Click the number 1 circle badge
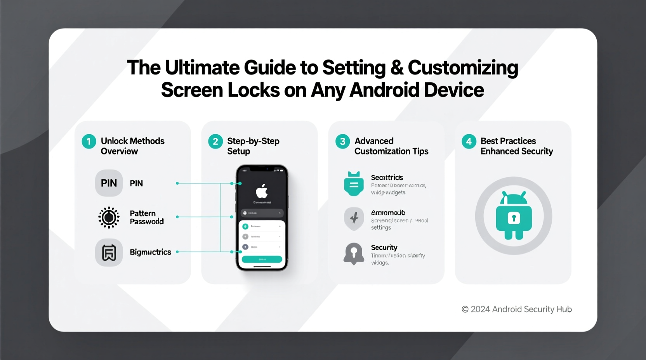click(x=89, y=142)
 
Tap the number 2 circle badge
click(x=215, y=142)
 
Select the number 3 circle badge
click(x=342, y=142)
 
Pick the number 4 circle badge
click(x=469, y=142)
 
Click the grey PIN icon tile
click(x=109, y=183)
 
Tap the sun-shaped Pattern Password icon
click(x=109, y=217)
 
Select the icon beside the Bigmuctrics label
click(x=109, y=253)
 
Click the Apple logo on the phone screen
click(x=262, y=191)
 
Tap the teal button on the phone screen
click(x=262, y=259)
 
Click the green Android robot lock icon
click(x=514, y=216)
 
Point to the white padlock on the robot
click(x=514, y=218)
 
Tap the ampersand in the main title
click(x=397, y=68)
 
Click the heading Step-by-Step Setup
click(x=253, y=146)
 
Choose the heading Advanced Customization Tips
click(x=391, y=146)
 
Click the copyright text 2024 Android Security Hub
click(x=516, y=309)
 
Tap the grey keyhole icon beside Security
click(x=354, y=254)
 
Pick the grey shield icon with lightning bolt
click(x=354, y=218)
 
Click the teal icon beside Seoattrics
click(x=354, y=183)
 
